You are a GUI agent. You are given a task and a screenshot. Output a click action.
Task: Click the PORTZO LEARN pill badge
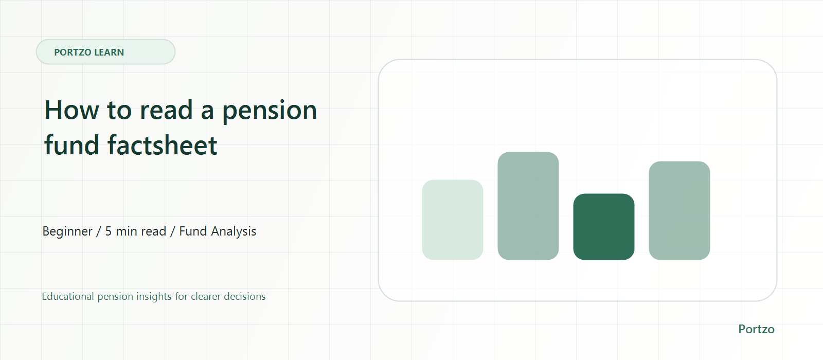pyautogui.click(x=105, y=52)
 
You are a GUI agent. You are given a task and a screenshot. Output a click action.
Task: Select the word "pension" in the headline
pyautogui.click(x=270, y=111)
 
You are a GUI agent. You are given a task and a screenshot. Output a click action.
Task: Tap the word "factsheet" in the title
pyautogui.click(x=163, y=145)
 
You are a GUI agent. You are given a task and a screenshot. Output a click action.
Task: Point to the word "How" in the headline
pyautogui.click(x=71, y=110)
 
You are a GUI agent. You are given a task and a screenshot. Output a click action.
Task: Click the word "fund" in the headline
pyautogui.click(x=71, y=145)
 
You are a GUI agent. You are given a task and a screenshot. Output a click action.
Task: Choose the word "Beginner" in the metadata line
pyautogui.click(x=67, y=231)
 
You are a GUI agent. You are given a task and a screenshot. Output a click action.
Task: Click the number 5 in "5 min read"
pyautogui.click(x=109, y=231)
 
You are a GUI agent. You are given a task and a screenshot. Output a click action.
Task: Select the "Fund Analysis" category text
pyautogui.click(x=218, y=231)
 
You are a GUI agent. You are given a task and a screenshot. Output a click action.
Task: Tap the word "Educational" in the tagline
pyautogui.click(x=67, y=296)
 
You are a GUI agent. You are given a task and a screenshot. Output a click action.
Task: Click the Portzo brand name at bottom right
pyautogui.click(x=756, y=329)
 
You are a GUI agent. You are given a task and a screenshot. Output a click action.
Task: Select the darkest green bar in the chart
pyautogui.click(x=604, y=227)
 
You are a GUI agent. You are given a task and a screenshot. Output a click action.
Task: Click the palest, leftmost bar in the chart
pyautogui.click(x=452, y=220)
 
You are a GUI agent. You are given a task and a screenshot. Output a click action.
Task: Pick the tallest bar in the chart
pyautogui.click(x=528, y=206)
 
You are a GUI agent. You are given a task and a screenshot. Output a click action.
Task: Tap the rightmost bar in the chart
pyautogui.click(x=679, y=210)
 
